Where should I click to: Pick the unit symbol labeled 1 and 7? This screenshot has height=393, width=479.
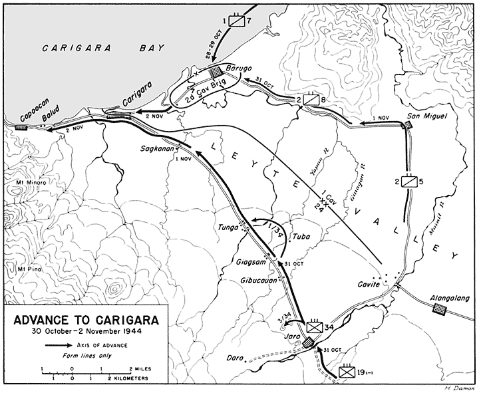click(x=238, y=21)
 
